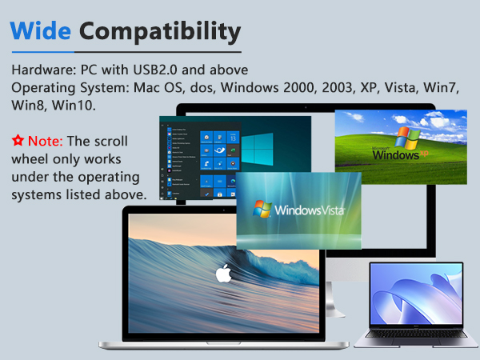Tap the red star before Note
(x=18, y=140)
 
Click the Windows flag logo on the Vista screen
(x=262, y=210)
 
